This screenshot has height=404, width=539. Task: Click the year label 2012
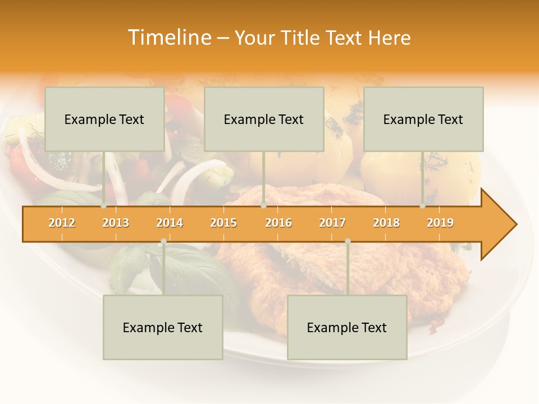coord(62,223)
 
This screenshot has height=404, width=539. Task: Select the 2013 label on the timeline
coord(116,223)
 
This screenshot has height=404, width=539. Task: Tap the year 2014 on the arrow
coord(170,223)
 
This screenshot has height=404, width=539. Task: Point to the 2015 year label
coord(223,223)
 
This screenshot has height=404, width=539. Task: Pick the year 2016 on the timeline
coord(278,223)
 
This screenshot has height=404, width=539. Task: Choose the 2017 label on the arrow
coord(332,223)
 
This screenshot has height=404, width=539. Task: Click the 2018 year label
coord(386,223)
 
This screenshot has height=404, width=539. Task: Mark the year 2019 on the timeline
coord(440,223)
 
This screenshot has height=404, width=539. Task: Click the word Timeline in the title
coord(168,38)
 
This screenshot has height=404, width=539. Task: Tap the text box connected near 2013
coord(104,119)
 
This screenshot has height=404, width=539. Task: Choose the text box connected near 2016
coord(264,119)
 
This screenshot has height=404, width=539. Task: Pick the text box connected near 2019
coord(423,119)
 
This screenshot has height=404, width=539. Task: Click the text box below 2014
coord(163,327)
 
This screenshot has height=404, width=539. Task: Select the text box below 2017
coord(347,327)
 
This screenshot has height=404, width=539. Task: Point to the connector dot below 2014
coord(163,241)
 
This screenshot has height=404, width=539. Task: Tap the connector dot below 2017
coord(348,241)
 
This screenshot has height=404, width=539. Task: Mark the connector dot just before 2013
coord(104,206)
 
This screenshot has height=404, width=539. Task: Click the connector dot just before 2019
coord(423,206)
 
